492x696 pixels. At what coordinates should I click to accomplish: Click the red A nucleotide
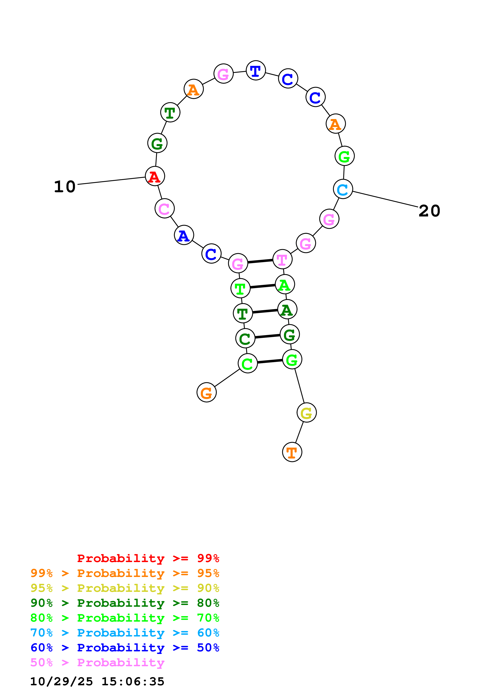pyautogui.click(x=155, y=176)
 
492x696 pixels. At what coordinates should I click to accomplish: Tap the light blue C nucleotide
pyautogui.click(x=343, y=189)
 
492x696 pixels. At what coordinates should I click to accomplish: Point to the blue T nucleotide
pyautogui.click(x=256, y=71)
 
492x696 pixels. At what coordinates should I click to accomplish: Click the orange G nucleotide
pyautogui.click(x=206, y=393)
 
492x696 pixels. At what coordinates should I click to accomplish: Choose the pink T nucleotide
pyautogui.click(x=282, y=260)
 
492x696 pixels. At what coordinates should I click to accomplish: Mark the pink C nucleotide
pyautogui.click(x=164, y=209)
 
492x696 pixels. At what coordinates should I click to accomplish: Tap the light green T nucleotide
pyautogui.click(x=240, y=288)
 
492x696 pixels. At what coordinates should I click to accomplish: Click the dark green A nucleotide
pyautogui.click(x=287, y=310)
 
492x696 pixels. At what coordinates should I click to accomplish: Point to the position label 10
pyautogui.click(x=65, y=186)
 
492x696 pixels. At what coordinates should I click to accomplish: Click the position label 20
pyautogui.click(x=429, y=211)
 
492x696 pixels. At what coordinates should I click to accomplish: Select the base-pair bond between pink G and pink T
pyautogui.click(x=260, y=261)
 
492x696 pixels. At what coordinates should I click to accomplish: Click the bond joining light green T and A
pyautogui.click(x=263, y=286)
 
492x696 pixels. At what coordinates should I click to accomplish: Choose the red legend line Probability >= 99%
pyautogui.click(x=148, y=558)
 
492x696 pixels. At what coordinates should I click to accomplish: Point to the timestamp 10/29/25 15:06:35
pyautogui.click(x=97, y=682)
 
